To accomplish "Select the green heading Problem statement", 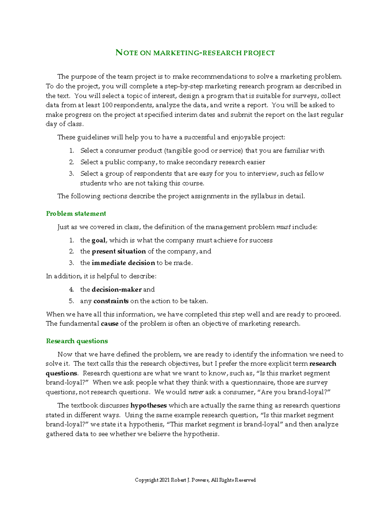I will point(76,214).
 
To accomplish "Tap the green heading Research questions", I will point(77,341).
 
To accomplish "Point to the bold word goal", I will point(98,240).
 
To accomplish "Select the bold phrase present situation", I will point(119,252).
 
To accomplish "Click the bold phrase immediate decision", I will point(123,263).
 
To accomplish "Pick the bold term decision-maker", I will point(117,290).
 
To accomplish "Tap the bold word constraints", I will point(111,301).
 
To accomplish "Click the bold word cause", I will point(109,324).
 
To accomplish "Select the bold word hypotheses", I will point(148,406).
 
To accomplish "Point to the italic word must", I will point(283,227).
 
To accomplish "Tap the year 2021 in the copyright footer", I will point(165,480).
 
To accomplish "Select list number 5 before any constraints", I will point(71,301).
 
